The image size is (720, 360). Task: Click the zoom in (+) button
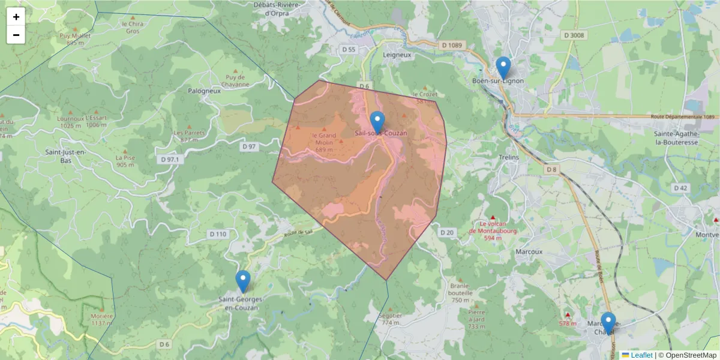16,17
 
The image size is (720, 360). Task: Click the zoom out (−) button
16,35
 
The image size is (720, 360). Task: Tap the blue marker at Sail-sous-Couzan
377,122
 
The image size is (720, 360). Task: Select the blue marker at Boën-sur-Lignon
503,67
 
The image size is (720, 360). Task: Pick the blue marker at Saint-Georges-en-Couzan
243,281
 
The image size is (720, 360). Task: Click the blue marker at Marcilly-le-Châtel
608,323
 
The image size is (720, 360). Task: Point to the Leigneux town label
397,55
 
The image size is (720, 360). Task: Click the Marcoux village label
529,252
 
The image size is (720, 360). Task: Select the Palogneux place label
204,91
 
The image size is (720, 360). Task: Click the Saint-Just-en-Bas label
66,157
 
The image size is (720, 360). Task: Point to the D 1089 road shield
453,45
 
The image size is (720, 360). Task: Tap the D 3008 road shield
574,35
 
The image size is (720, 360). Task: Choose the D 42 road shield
680,188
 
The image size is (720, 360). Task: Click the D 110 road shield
218,233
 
